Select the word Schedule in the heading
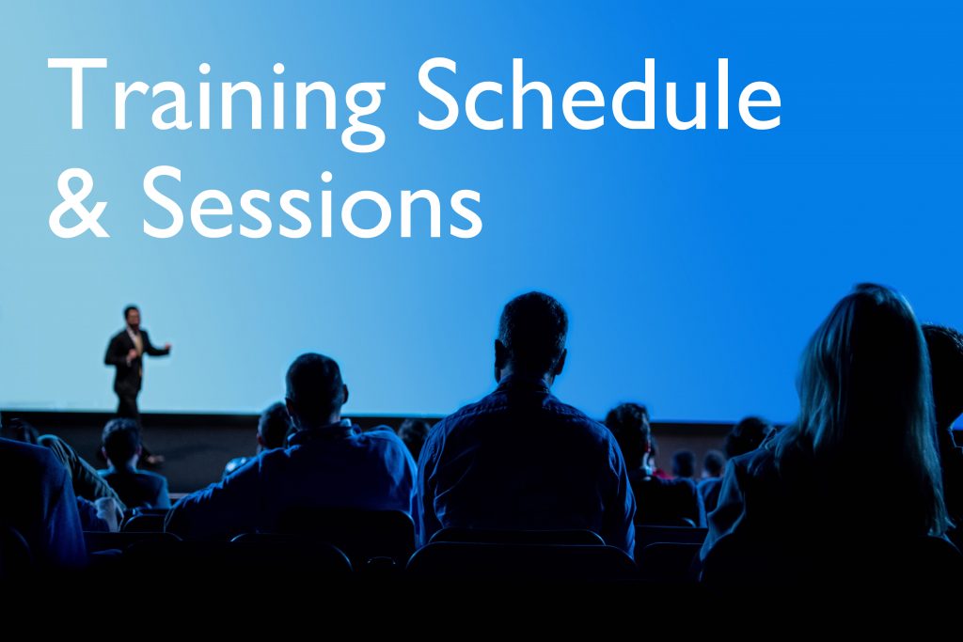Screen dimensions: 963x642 click(x=598, y=93)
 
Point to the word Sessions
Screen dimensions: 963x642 click(x=312, y=202)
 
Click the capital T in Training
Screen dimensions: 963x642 click(x=77, y=95)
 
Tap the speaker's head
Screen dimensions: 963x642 click(x=132, y=317)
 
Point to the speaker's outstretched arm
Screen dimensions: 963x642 click(x=158, y=350)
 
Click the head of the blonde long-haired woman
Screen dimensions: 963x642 click(x=866, y=344)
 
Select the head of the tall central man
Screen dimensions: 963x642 click(x=532, y=336)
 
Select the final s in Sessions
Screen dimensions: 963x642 click(x=466, y=214)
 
